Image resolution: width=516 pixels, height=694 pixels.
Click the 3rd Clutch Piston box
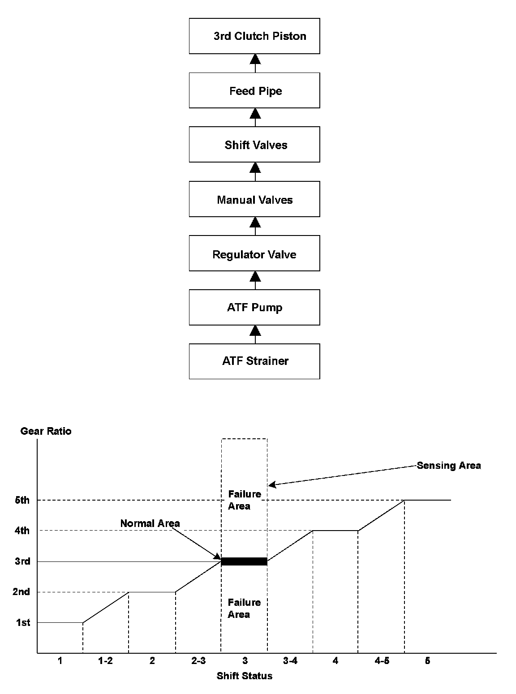tap(254, 36)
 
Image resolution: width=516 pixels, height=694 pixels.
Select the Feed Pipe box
tap(254, 90)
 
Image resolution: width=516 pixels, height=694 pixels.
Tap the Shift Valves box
tap(254, 145)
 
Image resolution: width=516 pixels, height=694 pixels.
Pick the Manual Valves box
tap(254, 199)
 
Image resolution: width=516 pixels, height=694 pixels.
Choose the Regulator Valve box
tap(254, 254)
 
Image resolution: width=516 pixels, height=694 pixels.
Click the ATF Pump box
tap(254, 307)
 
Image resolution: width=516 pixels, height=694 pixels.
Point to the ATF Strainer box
tap(254, 361)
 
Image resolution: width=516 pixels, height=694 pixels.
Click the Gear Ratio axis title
tap(46, 431)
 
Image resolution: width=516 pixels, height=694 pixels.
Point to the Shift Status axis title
tap(244, 676)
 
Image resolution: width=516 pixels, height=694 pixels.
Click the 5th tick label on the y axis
tap(22, 500)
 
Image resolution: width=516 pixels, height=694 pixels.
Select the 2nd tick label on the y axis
tap(21, 592)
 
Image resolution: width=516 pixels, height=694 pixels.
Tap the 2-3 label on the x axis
tap(198, 661)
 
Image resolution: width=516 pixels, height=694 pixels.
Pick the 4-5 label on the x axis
tap(381, 661)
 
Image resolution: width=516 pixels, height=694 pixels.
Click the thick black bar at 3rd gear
tap(244, 561)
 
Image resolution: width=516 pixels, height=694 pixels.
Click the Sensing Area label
tap(449, 465)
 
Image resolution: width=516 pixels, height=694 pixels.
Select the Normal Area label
tap(150, 523)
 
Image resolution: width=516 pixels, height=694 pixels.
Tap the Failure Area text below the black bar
tap(244, 608)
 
